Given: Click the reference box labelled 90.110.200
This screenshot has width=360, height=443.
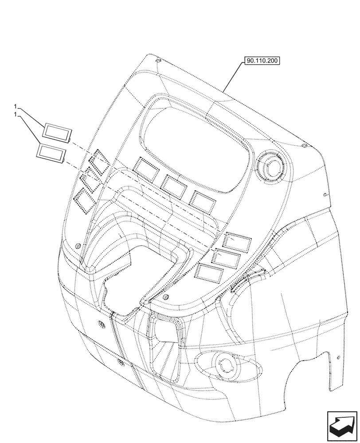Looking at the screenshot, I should pyautogui.click(x=262, y=61).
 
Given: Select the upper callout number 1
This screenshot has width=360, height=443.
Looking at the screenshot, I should pyautogui.click(x=16, y=107).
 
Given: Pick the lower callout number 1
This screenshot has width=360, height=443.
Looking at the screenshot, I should pyautogui.click(x=16, y=114).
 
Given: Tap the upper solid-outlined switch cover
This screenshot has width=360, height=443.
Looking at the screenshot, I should pyautogui.click(x=57, y=132).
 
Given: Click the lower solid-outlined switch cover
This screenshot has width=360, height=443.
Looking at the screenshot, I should pyautogui.click(x=51, y=151).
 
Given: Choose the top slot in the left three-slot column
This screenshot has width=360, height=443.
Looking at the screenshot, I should pyautogui.click(x=101, y=160).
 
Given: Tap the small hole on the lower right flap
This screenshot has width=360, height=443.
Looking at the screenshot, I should pyautogui.click(x=338, y=357).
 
